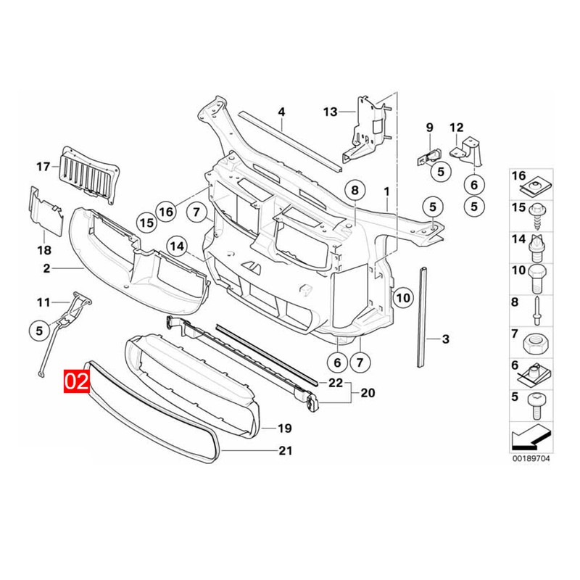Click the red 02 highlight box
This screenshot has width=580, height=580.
76,382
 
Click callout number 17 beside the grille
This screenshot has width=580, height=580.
43,167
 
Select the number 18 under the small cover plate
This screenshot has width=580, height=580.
43,250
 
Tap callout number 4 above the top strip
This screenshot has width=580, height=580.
282,112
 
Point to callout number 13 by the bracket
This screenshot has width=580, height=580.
331,112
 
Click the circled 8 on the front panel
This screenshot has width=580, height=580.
355,191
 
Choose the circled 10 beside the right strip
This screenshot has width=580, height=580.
403,296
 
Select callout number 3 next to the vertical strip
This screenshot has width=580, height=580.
445,339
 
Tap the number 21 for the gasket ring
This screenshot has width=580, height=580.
285,451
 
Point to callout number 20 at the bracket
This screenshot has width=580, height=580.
367,394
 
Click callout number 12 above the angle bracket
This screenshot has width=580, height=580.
456,128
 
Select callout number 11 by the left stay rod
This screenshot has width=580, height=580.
43,302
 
